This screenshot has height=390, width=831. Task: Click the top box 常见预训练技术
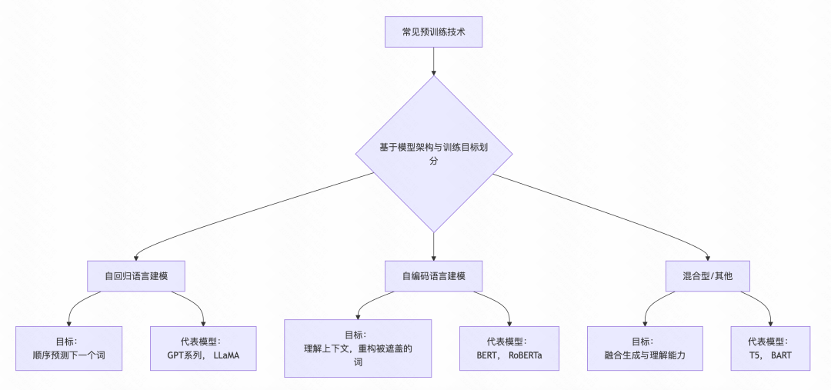[433, 32]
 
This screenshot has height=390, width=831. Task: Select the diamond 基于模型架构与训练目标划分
[433, 154]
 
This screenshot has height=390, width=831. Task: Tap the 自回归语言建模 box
[136, 275]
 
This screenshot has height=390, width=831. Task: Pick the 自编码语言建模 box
[433, 275]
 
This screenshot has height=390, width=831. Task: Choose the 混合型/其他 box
[707, 275]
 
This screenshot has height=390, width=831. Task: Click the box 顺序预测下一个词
[68, 348]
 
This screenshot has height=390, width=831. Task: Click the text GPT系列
[185, 355]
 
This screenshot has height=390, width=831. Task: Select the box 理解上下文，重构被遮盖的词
[358, 348]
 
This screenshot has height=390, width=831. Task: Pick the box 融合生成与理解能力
[645, 348]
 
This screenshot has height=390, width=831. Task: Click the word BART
[781, 355]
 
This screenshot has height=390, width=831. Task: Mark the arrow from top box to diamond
[433, 61]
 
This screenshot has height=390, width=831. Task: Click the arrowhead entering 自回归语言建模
[136, 257]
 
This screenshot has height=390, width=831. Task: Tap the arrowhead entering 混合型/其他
[707, 257]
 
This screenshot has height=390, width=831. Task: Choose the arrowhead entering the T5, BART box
[770, 323]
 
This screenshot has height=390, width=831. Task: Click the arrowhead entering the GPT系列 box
[204, 323]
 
